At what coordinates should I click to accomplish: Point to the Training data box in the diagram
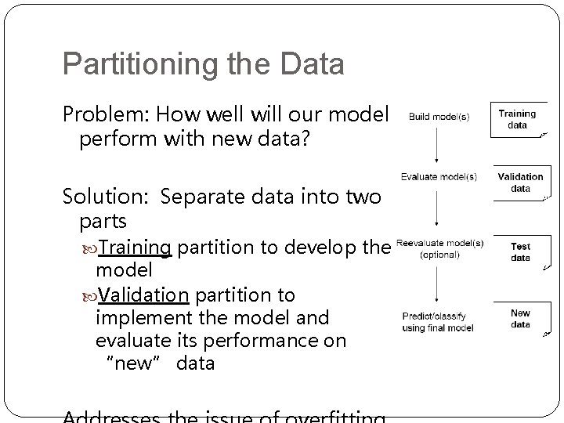[517, 119]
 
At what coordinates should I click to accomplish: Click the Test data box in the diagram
[520, 251]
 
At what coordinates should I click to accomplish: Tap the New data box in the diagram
[520, 319]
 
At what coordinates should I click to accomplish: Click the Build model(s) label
[439, 117]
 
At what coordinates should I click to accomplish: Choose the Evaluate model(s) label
[439, 177]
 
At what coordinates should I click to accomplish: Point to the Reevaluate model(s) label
[439, 243]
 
